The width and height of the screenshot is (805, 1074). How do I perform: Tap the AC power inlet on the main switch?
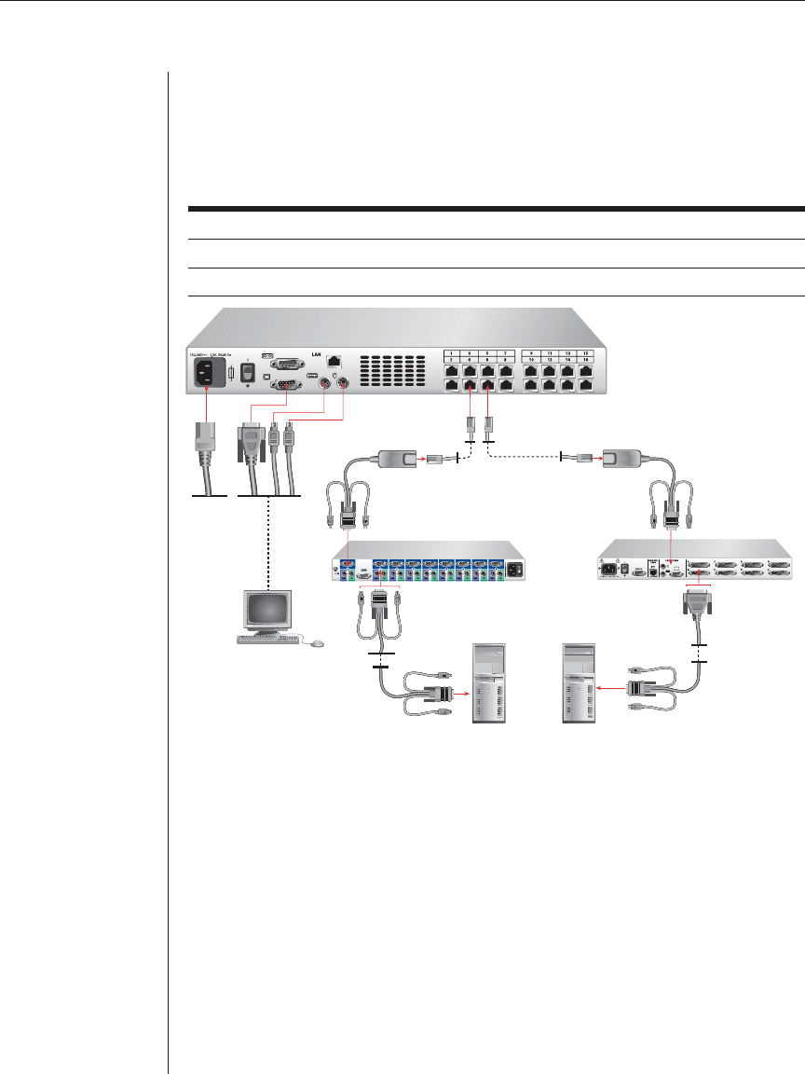tap(208, 374)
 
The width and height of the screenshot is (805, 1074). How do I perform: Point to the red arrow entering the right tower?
tap(610, 690)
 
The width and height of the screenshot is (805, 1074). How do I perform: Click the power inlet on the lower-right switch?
tap(612, 566)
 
